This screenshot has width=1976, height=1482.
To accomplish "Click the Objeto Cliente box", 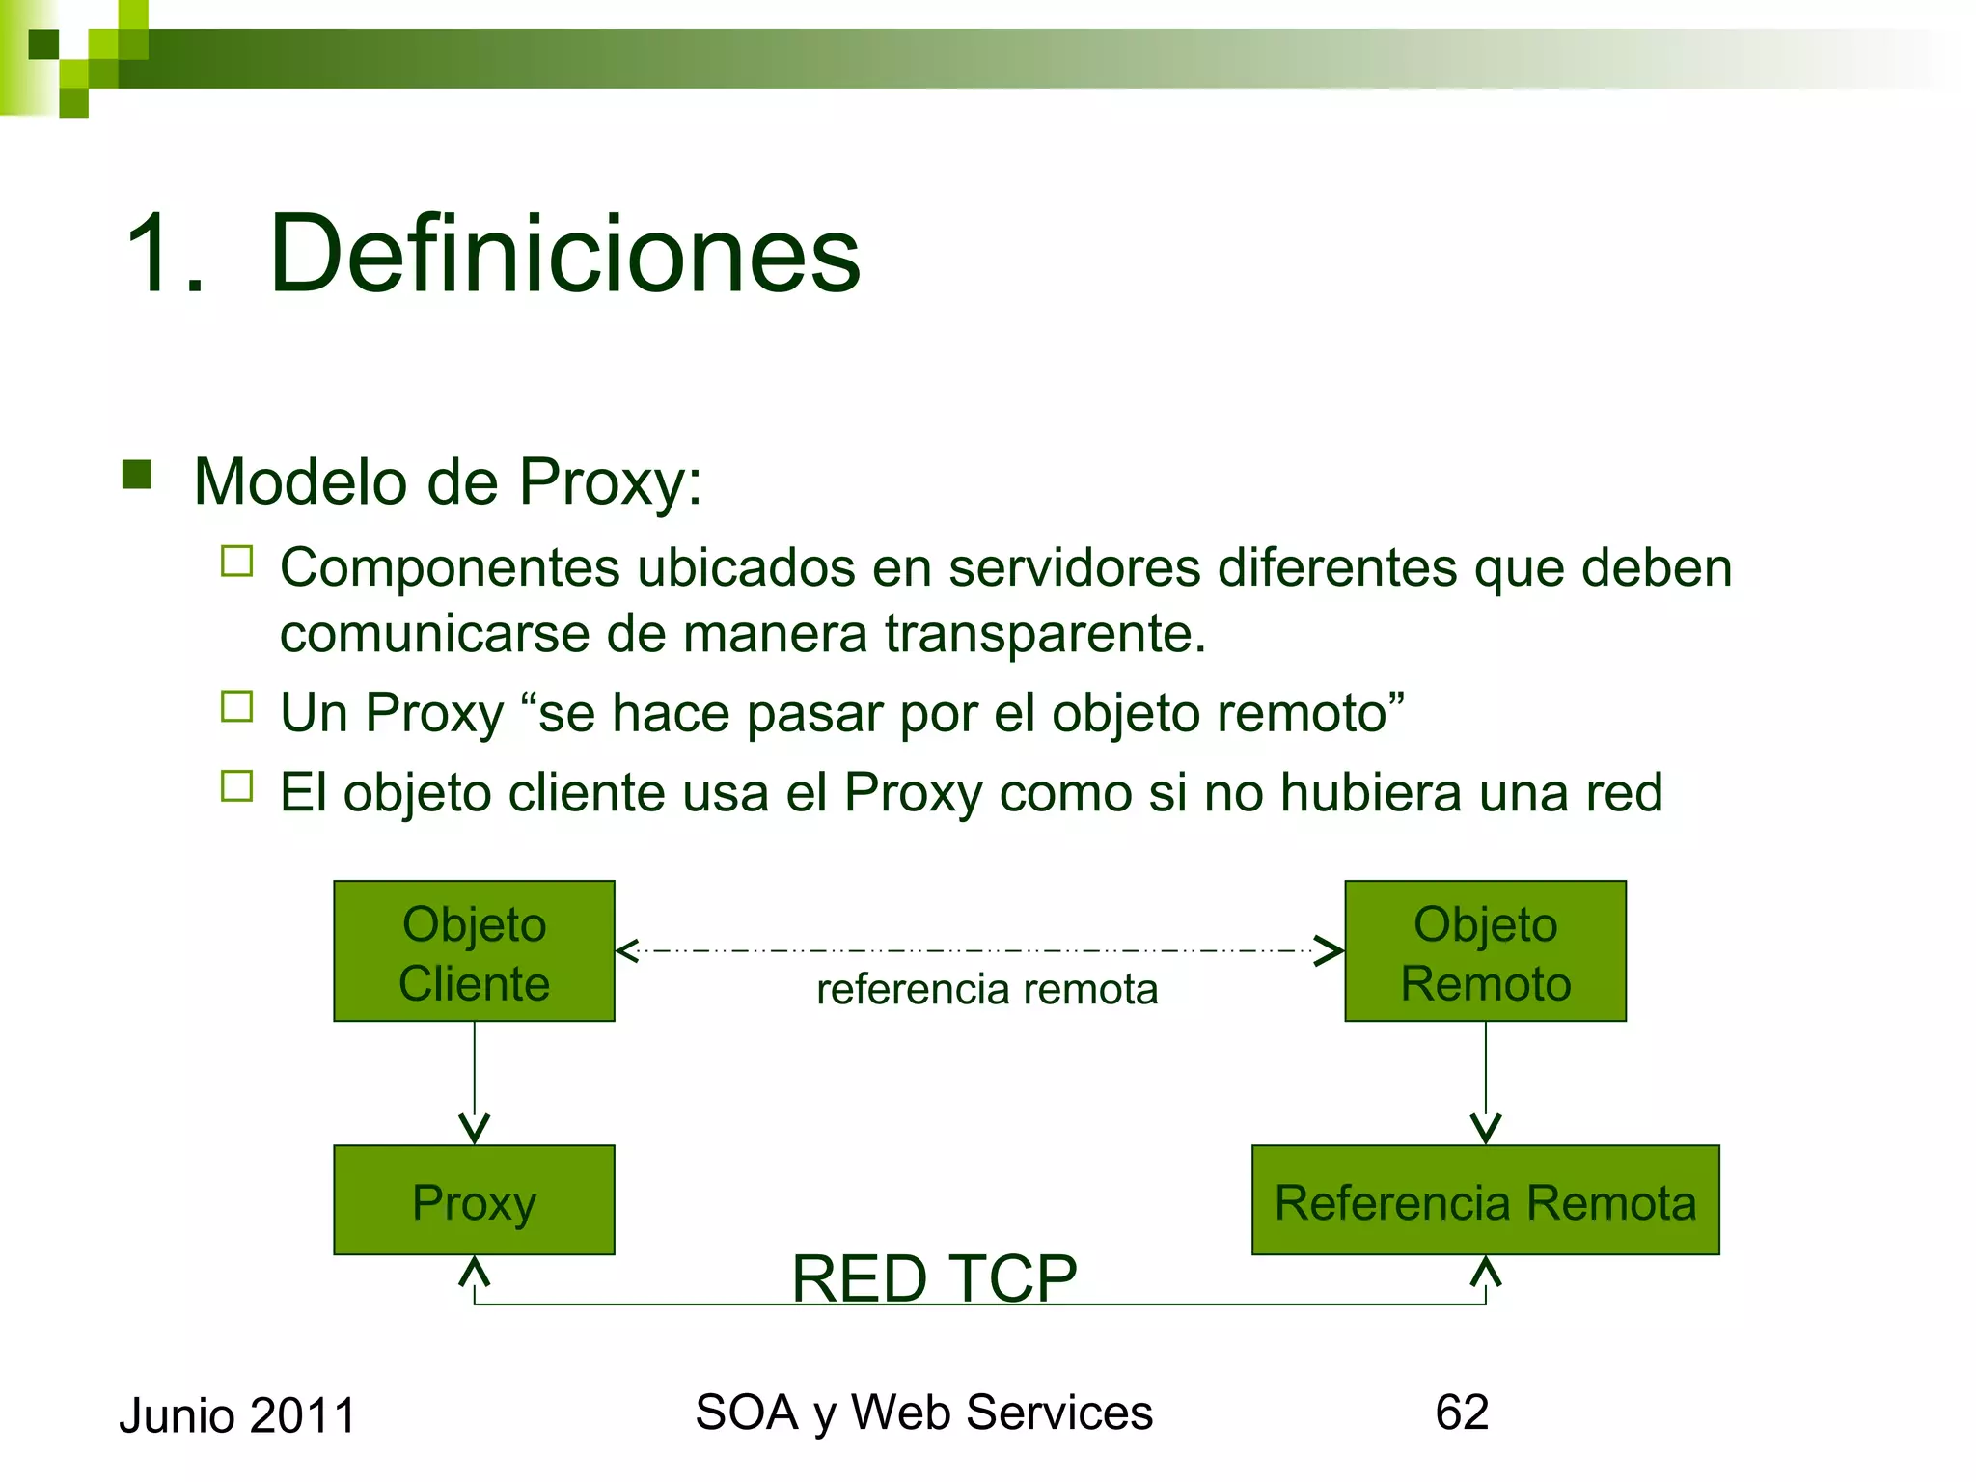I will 474,951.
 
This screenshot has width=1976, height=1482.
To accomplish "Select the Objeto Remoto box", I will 1485,951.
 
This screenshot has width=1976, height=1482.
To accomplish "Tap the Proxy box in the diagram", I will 474,1200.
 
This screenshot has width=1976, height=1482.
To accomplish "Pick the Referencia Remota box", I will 1485,1200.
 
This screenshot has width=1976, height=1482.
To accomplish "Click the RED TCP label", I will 934,1278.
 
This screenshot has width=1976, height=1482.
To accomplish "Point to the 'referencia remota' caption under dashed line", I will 986,990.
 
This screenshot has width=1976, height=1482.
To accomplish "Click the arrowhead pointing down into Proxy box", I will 474,1130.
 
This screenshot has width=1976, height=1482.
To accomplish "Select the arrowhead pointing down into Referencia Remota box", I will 1485,1130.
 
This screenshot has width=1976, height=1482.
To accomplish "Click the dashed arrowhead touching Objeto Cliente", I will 628,951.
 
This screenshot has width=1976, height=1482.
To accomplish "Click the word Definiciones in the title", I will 564,255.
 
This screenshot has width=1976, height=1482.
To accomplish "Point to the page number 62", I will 1462,1413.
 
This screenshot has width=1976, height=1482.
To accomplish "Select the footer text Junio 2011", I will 237,1416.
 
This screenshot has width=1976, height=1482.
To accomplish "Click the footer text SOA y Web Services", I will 923,1413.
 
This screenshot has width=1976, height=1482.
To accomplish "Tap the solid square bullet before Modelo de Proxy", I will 137,475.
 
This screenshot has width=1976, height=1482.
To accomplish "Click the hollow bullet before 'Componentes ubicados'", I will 236,562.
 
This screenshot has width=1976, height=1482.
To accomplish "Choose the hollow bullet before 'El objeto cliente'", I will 236,786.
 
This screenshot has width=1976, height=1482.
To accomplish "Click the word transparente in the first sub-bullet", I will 1045,635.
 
